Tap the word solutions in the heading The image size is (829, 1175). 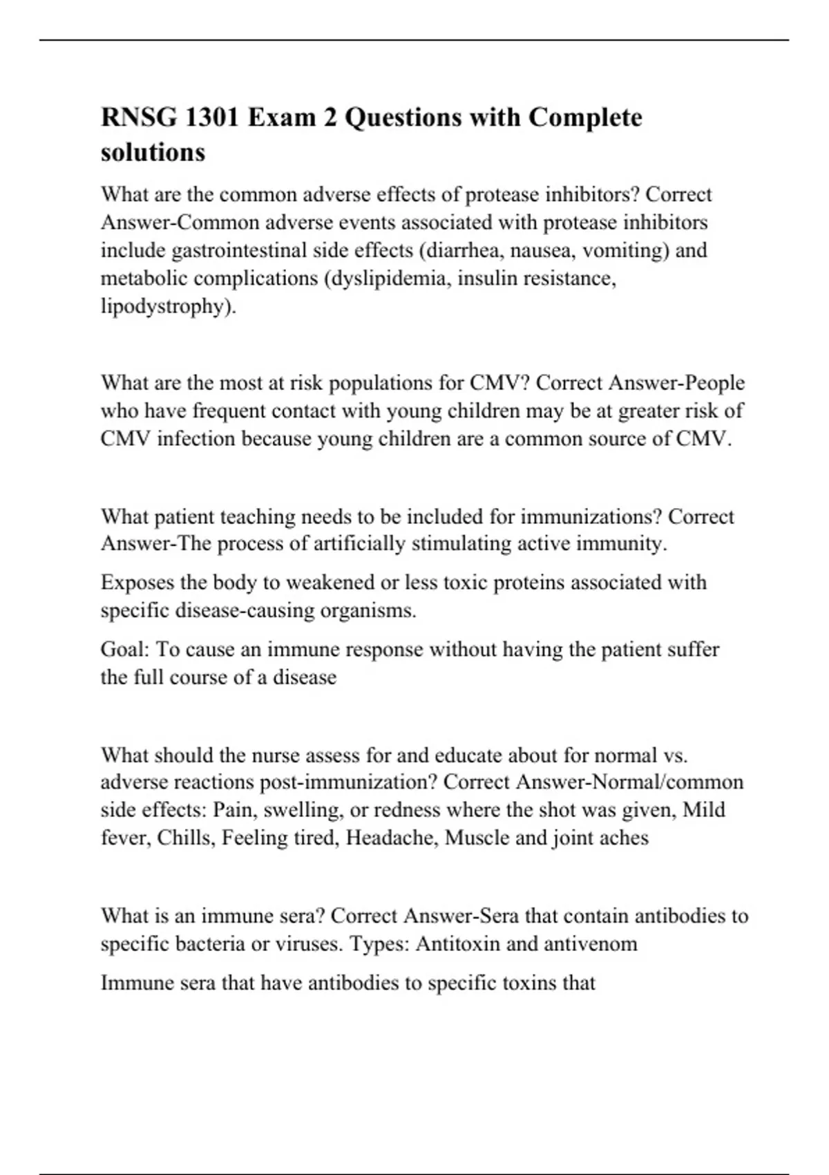[153, 152]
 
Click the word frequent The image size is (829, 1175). [229, 411]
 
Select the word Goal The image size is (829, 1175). [125, 650]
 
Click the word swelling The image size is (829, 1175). [303, 810]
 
